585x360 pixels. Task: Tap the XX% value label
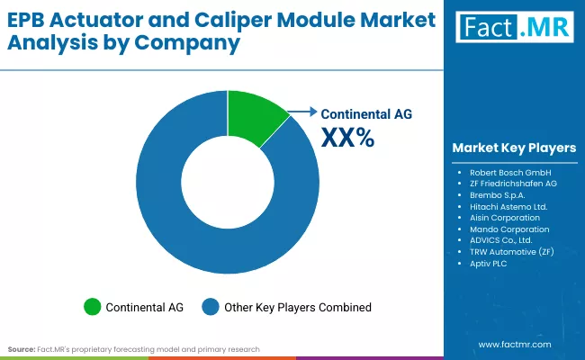[x=348, y=138]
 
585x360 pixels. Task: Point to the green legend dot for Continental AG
[x=91, y=307]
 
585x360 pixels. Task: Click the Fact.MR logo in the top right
[x=514, y=28]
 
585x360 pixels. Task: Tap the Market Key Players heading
[x=514, y=148]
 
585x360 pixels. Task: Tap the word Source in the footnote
[x=21, y=348]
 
